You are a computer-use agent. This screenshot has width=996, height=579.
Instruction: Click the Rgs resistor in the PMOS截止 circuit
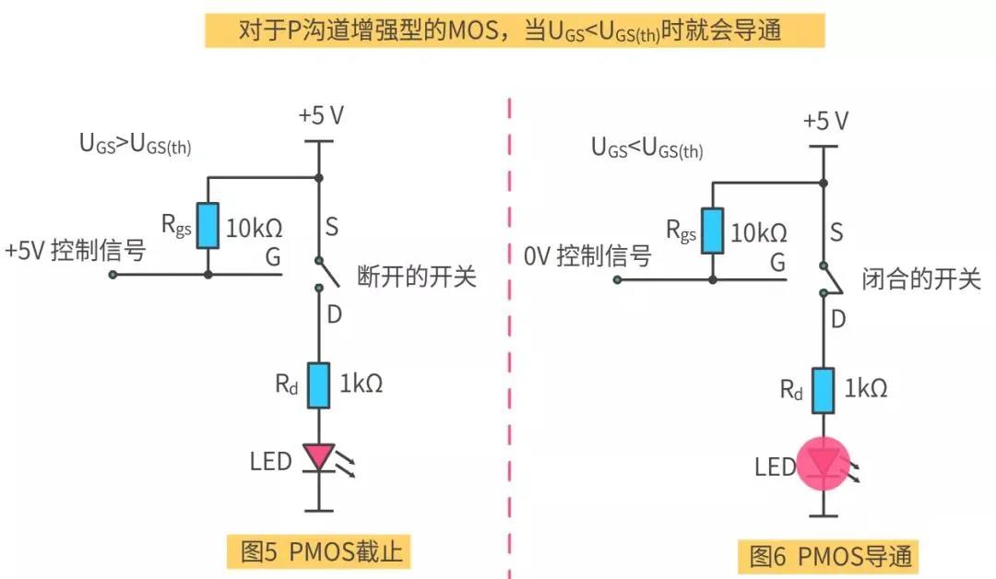pos(207,226)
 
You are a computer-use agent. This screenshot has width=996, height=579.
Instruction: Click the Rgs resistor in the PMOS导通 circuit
pos(713,230)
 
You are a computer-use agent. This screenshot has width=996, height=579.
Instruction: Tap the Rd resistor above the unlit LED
pos(318,385)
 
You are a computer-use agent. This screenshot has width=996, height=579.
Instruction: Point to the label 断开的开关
pos(416,277)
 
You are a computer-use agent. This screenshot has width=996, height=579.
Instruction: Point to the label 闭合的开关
pos(920,279)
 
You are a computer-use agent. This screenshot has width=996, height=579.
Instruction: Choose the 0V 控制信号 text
pos(587,255)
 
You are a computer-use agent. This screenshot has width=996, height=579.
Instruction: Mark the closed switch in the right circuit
pos(826,278)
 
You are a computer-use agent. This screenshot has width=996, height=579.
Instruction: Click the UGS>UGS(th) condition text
pos(135,145)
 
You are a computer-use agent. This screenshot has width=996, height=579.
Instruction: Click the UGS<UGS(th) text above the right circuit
pos(646,148)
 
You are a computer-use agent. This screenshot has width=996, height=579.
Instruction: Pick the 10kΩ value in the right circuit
pos(759,232)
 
